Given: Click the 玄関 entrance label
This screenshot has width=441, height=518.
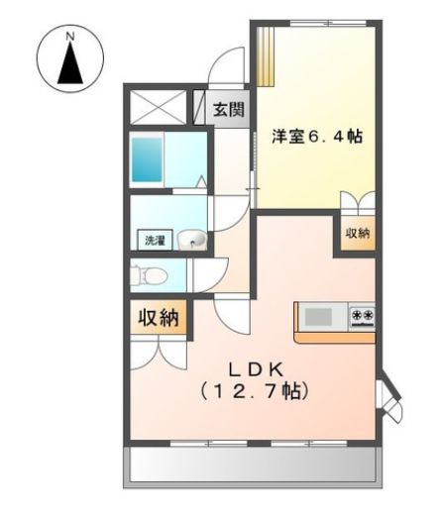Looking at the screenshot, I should (x=228, y=109).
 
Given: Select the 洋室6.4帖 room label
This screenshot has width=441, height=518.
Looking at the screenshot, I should (x=316, y=136).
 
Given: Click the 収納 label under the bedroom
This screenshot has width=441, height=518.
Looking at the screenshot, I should (x=357, y=234).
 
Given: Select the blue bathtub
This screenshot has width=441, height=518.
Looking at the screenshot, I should (x=148, y=155).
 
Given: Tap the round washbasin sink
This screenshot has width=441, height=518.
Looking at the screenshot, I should (x=193, y=239).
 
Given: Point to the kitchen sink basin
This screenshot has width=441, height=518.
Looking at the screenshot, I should (x=318, y=317).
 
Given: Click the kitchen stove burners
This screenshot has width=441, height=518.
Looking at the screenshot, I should (x=361, y=317).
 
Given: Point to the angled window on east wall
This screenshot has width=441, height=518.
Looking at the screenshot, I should (x=389, y=397).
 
